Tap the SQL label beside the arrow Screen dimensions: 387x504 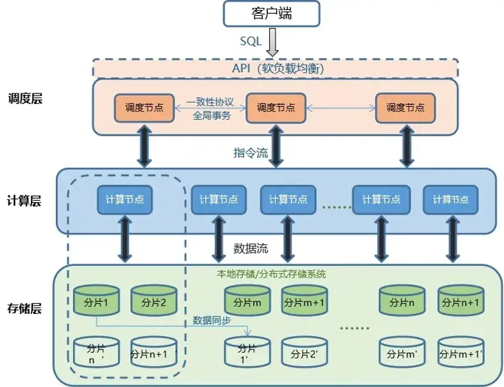point(251,41)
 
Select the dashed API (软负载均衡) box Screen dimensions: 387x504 point(275,68)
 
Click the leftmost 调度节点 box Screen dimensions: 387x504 point(145,107)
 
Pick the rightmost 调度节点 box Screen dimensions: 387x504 point(405,107)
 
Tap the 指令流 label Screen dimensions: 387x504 point(251,153)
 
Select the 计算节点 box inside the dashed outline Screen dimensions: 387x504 point(125,199)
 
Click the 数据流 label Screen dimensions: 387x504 point(251,249)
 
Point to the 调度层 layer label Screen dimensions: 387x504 point(24,99)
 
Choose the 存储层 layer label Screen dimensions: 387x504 point(24,307)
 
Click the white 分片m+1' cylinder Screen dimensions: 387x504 point(462,353)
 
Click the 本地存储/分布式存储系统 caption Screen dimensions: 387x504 point(272,273)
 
